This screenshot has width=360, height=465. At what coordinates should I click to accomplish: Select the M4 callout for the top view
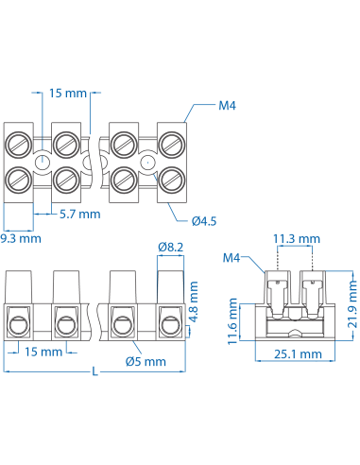coord(227,107)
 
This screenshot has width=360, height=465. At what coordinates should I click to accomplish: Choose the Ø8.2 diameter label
coord(171,247)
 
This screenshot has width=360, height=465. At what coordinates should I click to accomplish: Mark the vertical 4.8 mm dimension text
coord(194,301)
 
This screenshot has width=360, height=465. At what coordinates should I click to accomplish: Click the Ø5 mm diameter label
coord(146,361)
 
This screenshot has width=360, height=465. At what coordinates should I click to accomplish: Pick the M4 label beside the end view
coord(232,257)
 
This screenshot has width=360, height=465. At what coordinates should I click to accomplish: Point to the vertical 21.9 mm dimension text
coord(351,301)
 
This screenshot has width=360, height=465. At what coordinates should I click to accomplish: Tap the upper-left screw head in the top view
coord(18,145)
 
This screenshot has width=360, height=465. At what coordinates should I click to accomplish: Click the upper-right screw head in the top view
coord(172,145)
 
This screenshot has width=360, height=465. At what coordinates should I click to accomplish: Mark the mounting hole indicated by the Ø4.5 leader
coord(148,163)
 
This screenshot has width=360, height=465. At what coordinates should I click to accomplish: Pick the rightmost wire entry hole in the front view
coord(171,327)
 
